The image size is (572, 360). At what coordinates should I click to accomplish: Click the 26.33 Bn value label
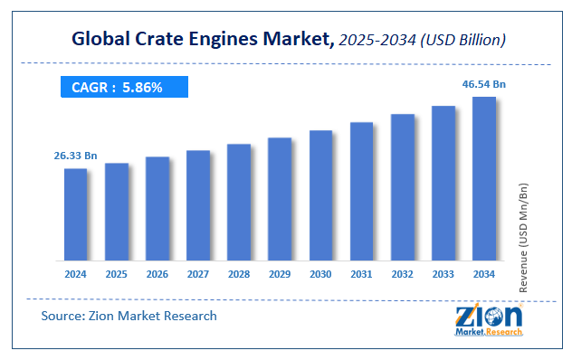click(75, 156)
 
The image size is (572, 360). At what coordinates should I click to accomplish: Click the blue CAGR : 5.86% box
click(123, 88)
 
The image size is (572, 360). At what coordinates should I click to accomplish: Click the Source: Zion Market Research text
click(129, 316)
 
